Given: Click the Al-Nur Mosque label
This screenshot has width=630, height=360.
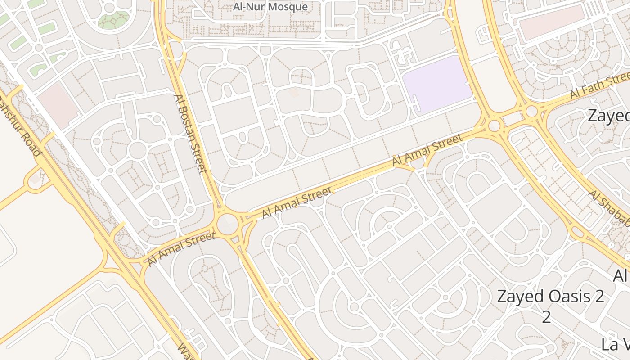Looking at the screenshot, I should [x=270, y=7].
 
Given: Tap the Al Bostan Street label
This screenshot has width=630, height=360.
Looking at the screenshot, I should [x=190, y=133].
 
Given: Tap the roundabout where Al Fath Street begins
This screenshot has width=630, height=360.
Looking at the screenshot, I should [x=532, y=111].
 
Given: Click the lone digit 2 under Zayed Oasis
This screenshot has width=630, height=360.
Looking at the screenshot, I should [x=546, y=317].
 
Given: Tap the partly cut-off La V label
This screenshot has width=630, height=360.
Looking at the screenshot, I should [x=615, y=344].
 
